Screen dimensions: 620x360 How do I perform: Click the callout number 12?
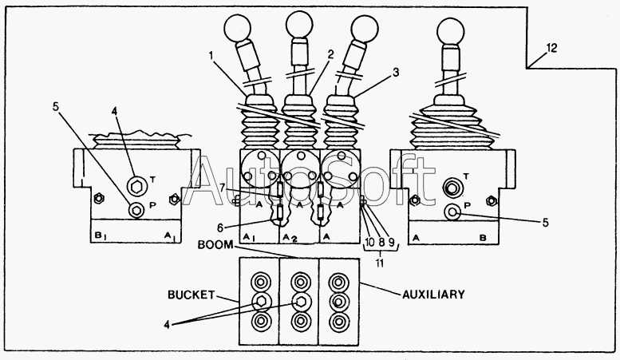[551, 48]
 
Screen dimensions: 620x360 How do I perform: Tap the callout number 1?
[211, 55]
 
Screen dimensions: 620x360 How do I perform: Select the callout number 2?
[330, 54]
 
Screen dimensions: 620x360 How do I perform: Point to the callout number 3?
[396, 73]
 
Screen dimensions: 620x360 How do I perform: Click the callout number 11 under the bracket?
[380, 263]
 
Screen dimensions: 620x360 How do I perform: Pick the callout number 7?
[223, 188]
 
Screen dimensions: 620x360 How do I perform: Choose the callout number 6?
[221, 227]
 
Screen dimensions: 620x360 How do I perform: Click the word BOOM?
[215, 244]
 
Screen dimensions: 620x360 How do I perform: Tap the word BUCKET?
[191, 295]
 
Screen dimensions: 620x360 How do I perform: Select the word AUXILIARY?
[433, 295]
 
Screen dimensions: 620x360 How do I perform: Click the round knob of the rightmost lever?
[450, 32]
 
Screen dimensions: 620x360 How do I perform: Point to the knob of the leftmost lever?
[237, 28]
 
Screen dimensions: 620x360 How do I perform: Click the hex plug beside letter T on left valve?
[136, 185]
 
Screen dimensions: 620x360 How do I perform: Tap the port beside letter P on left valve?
[136, 210]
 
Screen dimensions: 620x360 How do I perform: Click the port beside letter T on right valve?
[451, 188]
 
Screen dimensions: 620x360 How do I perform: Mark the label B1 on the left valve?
[99, 235]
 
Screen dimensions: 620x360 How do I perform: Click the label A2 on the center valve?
[290, 237]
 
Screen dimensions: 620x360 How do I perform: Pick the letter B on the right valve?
[483, 238]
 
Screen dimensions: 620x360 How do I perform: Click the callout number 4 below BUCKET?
[168, 325]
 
